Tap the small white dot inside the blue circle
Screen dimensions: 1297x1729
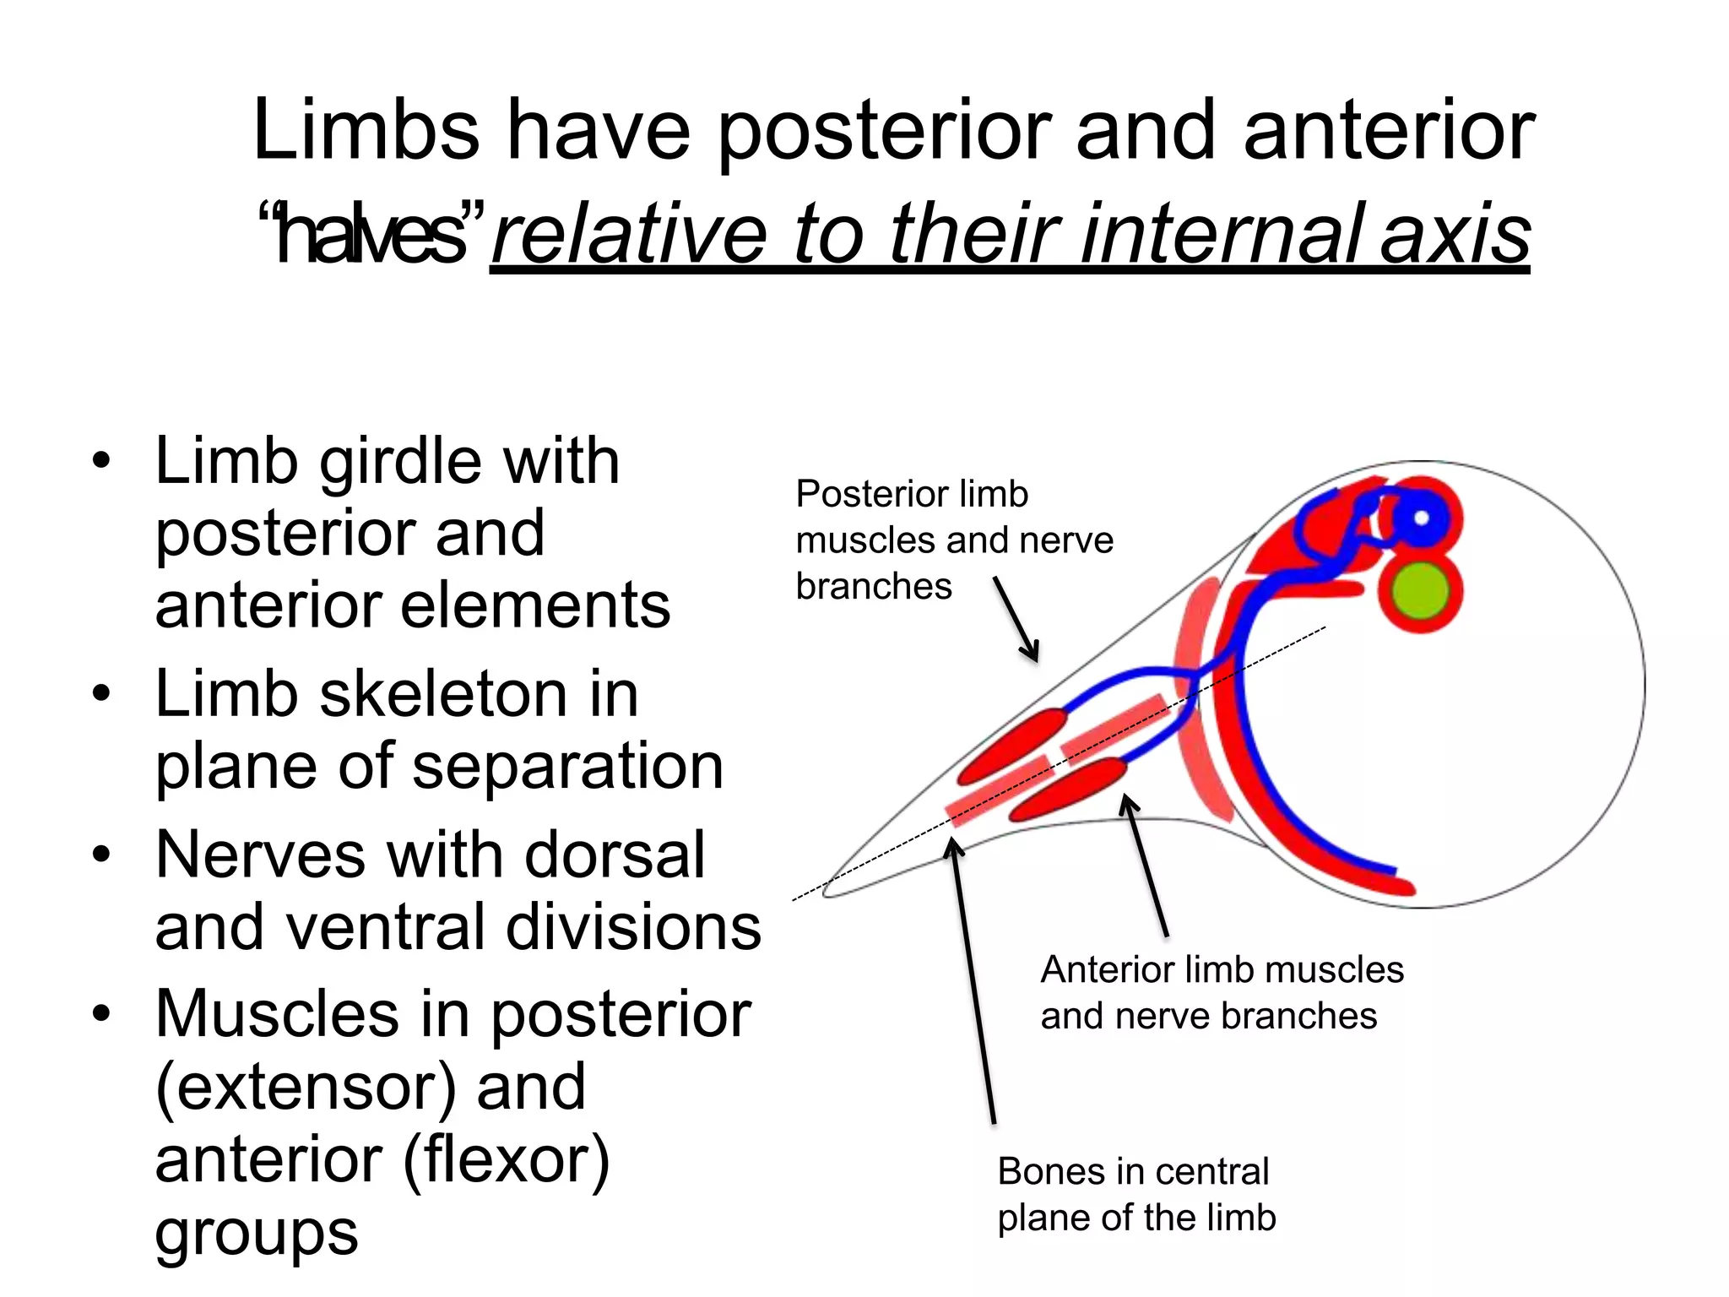click(x=1421, y=518)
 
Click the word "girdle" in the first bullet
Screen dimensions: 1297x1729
click(x=402, y=463)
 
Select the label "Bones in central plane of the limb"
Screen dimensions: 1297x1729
click(x=1136, y=1194)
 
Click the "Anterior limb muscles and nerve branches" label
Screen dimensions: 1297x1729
click(x=1221, y=992)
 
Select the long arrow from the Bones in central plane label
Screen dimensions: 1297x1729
click(x=973, y=980)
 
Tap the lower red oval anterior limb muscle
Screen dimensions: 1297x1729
click(x=1068, y=790)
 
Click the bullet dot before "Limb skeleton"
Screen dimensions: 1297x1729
click(x=102, y=695)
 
